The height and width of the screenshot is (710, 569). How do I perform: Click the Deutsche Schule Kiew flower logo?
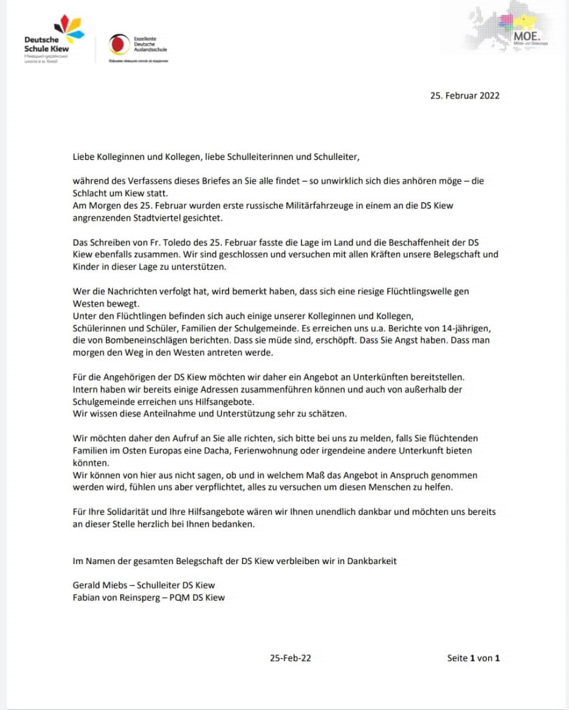click(x=69, y=27)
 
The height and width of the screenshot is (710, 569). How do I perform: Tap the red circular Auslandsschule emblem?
click(x=119, y=44)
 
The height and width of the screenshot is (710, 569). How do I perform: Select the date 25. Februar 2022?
click(x=464, y=95)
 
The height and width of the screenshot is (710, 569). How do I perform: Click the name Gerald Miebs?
click(x=98, y=585)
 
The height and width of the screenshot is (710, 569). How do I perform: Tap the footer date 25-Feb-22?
click(x=291, y=658)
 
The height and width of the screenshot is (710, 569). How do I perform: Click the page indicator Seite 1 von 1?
click(x=474, y=658)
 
